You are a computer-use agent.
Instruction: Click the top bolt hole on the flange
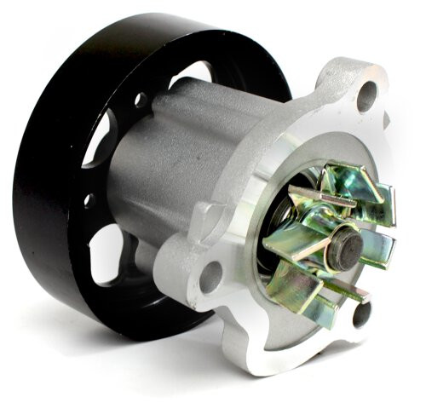(367, 96)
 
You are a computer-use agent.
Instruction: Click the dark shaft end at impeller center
(348, 247)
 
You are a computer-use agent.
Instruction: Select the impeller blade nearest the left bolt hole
(285, 241)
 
